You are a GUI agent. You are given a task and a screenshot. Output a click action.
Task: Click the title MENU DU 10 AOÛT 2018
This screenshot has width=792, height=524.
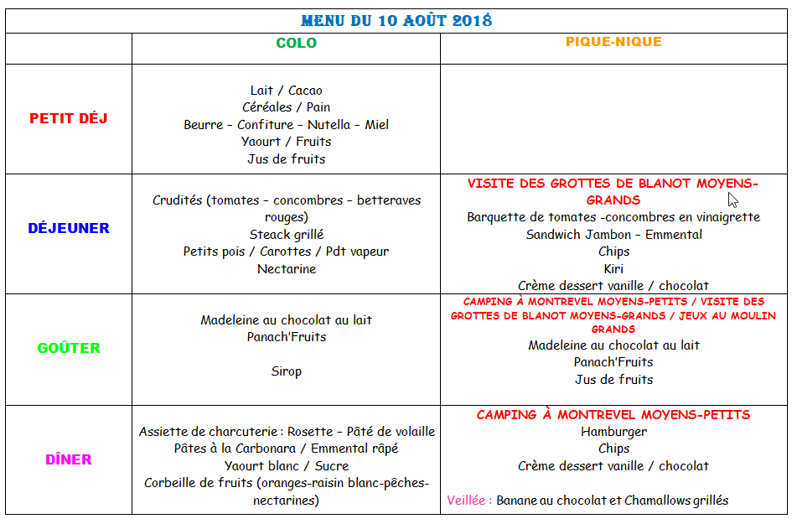pos(396,19)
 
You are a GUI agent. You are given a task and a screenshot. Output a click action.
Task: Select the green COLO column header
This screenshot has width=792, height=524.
pos(297,43)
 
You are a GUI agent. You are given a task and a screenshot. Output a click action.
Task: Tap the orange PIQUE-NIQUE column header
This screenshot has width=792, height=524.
pos(613,41)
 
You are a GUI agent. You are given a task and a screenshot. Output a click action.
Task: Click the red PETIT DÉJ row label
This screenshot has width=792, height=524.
pos(69,119)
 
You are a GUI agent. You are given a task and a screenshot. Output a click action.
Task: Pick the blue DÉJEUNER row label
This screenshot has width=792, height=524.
pos(69,228)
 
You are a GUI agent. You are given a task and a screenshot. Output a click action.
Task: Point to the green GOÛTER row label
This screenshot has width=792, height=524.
pos(69,348)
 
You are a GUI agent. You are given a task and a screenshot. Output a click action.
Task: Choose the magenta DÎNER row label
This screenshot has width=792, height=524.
pos(69,459)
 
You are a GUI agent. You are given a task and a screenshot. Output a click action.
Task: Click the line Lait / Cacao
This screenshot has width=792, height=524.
pos(286,91)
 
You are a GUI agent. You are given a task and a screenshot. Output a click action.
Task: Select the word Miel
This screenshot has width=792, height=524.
pos(376,125)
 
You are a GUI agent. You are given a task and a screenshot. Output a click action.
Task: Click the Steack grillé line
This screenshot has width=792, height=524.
pos(286,235)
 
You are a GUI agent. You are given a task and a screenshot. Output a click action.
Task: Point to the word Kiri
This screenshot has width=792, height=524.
pos(613,269)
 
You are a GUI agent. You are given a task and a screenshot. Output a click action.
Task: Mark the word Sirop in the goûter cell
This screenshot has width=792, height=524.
pos(286,371)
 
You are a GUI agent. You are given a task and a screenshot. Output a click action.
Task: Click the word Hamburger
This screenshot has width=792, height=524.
pos(613,432)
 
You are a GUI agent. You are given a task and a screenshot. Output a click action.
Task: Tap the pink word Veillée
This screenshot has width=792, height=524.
pos(469,501)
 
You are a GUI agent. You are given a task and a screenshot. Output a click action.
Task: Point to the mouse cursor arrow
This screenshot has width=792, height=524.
pos(732,199)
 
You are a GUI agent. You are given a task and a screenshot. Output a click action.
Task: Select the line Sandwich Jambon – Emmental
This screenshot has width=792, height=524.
pos(613,235)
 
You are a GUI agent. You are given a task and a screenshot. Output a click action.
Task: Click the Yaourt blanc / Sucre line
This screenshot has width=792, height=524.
pos(286,466)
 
